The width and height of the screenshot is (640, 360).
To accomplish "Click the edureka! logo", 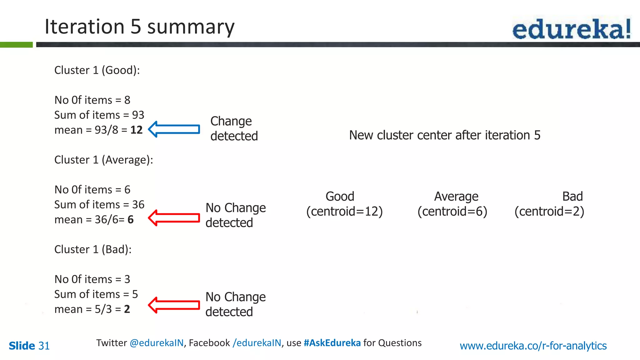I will click(571, 29).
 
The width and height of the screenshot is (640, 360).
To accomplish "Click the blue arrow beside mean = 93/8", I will click(174, 129).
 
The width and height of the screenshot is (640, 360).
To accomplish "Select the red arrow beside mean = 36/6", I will click(174, 218).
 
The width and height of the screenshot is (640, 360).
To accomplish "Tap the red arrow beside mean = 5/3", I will click(174, 305).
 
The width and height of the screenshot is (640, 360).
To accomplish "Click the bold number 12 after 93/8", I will click(136, 130).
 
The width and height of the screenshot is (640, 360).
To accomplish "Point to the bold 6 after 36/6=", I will click(131, 220).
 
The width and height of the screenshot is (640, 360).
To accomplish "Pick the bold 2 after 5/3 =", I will click(127, 309).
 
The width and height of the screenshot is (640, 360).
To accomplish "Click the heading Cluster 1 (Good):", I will click(97, 70).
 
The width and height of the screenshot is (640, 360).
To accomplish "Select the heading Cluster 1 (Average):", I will click(103, 160).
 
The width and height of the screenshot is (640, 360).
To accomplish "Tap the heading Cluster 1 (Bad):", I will click(93, 250).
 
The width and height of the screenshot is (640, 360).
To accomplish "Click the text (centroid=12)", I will click(344, 212).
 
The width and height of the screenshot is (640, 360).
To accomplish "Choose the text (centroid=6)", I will click(452, 212).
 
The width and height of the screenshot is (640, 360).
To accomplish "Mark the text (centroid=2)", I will click(549, 212).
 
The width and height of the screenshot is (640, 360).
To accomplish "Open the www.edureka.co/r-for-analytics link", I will click(533, 346).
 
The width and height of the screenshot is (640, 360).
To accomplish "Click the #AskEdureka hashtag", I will click(332, 343).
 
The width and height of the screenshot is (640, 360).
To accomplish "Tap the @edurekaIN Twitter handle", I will click(157, 343).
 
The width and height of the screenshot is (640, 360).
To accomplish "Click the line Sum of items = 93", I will click(99, 115).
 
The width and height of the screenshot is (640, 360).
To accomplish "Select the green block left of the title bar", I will click(16, 45).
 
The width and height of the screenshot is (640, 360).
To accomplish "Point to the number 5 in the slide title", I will click(136, 27).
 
